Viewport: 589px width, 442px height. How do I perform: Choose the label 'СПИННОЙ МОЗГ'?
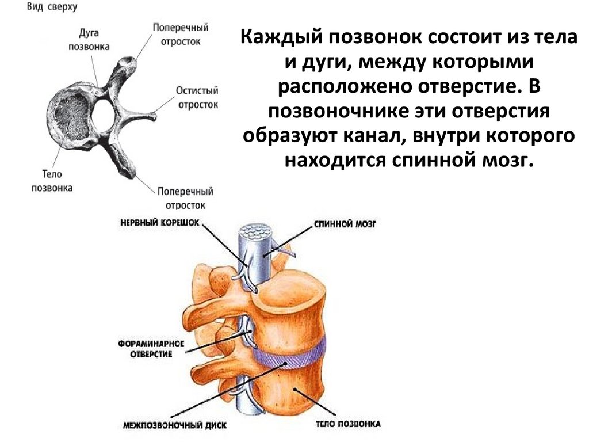coord(345,222)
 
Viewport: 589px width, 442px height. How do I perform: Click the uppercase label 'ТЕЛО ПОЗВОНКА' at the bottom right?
coord(347,424)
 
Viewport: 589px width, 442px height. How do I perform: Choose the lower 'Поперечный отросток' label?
coord(185,197)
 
